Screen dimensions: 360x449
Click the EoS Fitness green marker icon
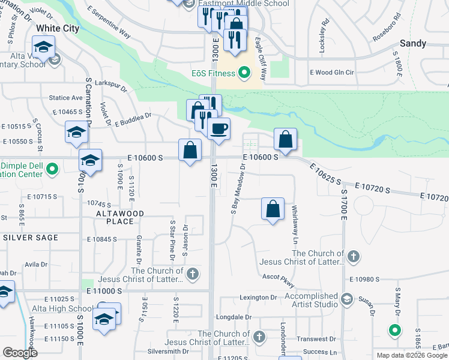(x=244, y=74)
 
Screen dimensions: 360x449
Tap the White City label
(x=58, y=28)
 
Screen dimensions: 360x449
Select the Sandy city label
(x=413, y=43)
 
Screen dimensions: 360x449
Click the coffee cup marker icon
(x=219, y=128)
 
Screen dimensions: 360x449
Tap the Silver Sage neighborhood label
(x=31, y=238)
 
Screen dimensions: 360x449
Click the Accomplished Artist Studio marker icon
(x=346, y=298)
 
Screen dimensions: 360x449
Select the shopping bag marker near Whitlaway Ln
(x=273, y=209)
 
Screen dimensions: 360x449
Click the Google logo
(x=20, y=353)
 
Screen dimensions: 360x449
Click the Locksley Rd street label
(x=324, y=35)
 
